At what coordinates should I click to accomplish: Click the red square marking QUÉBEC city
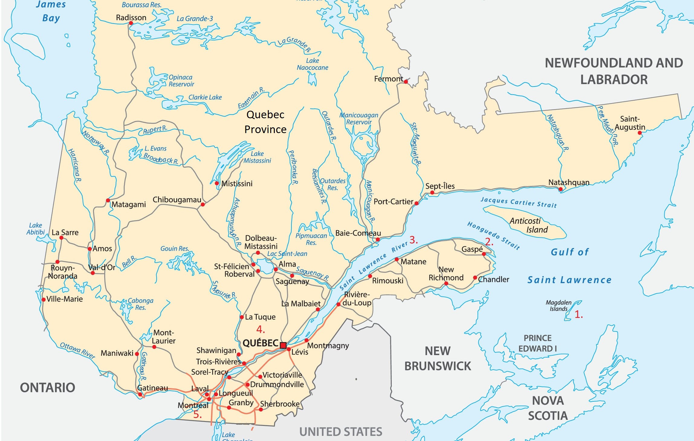point(283,345)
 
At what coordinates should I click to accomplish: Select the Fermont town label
point(388,79)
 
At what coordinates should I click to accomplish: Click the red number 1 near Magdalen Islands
point(578,315)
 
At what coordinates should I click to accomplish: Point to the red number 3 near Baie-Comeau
point(413,240)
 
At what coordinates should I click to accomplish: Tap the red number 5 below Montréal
point(197,415)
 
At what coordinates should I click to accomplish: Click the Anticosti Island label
point(528,225)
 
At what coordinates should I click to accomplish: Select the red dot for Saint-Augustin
point(640,132)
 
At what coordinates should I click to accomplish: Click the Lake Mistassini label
point(257,157)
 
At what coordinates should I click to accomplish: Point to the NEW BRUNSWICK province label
point(437,359)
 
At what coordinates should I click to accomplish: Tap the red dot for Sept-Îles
point(432,193)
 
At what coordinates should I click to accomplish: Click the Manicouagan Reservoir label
point(359,119)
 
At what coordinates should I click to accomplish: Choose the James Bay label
point(51,11)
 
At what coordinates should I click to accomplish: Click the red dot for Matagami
point(108,200)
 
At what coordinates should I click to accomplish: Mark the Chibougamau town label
point(177,200)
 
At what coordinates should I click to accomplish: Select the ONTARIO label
point(47,387)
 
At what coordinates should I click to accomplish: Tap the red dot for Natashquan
point(561,189)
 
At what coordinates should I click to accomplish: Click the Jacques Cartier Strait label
point(518,202)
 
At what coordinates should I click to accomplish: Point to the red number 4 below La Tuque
point(260,329)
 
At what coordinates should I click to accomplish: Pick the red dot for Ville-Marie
point(44,299)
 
